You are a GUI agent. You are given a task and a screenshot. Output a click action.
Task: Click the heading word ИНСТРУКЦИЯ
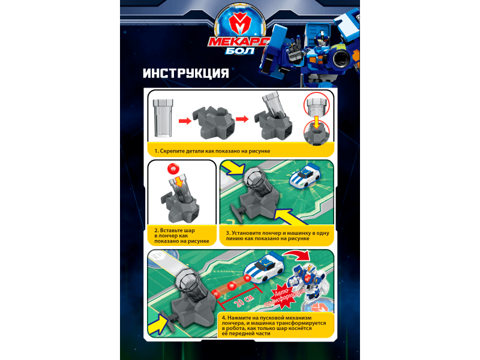click(186, 73)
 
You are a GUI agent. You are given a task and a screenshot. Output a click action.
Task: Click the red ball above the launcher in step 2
click(173, 169)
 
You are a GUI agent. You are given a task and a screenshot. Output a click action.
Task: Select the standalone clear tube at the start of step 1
click(163, 118)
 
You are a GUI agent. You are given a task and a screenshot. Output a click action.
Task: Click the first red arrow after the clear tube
click(185, 121)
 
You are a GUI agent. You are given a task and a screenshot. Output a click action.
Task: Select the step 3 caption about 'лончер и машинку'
click(277, 236)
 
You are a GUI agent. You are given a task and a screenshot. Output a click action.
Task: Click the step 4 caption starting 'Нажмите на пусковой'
click(274, 326)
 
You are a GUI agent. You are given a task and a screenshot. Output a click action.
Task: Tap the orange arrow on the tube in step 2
click(179, 182)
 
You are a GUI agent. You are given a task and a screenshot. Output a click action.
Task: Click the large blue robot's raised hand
click(295, 43)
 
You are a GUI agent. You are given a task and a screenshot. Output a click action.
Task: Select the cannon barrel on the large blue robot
click(341, 59)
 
